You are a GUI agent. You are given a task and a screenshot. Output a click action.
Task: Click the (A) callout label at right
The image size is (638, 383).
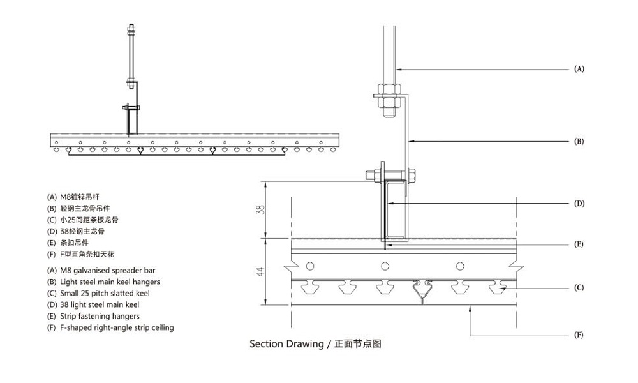pyautogui.click(x=579, y=68)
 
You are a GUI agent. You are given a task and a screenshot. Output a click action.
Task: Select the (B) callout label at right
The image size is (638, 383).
pyautogui.click(x=579, y=141)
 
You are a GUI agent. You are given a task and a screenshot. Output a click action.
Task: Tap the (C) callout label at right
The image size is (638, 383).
pyautogui.click(x=579, y=287)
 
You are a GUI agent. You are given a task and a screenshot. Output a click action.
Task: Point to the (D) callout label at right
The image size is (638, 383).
pyautogui.click(x=579, y=204)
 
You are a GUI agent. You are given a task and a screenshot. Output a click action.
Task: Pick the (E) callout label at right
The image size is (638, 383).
pyautogui.click(x=579, y=244)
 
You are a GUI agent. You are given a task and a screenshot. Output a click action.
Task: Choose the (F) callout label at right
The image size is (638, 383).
pyautogui.click(x=579, y=334)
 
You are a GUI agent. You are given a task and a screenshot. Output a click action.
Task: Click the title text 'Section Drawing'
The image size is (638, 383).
pyautogui.click(x=286, y=344)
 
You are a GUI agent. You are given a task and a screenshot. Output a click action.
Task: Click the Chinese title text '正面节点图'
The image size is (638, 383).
pyautogui.click(x=358, y=344)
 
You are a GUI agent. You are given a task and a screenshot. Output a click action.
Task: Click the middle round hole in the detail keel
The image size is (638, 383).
pyautogui.click(x=385, y=266)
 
